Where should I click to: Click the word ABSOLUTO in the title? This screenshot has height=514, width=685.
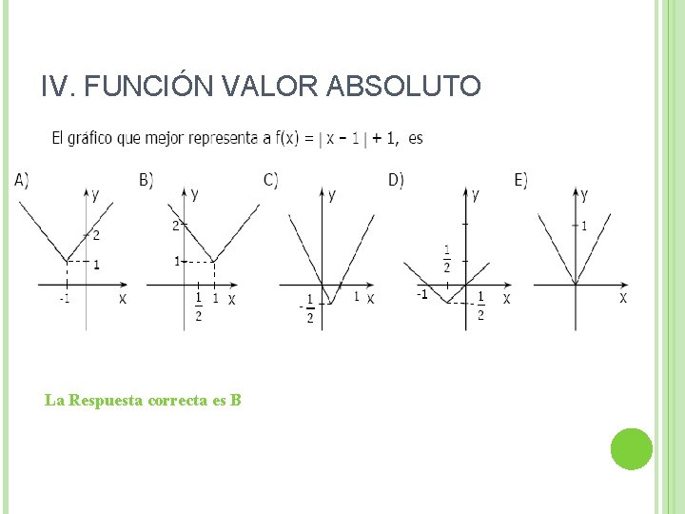pos(403,87)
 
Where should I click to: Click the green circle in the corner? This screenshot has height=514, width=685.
pos(631,449)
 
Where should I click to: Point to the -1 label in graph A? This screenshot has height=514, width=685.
pos(64,300)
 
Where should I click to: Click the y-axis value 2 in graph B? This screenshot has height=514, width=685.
pos(175,226)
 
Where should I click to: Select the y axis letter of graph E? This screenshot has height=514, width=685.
pos(584,195)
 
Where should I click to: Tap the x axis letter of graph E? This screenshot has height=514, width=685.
pos(623,298)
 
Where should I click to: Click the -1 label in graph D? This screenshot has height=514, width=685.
pos(421,295)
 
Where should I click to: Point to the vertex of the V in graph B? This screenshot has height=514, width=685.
pos(214,261)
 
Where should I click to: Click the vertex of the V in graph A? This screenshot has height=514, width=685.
pos(66,261)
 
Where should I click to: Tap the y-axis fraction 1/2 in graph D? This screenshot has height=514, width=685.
pos(447,258)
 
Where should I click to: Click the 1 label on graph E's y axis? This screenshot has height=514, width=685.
pos(583,226)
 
